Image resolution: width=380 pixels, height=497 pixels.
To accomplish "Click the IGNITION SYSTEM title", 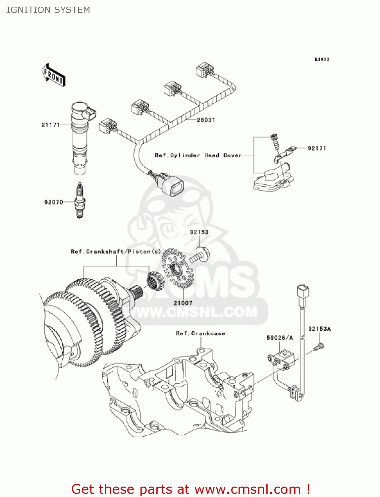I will click(48, 10).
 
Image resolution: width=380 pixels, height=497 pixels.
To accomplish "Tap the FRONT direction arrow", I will click(53, 75).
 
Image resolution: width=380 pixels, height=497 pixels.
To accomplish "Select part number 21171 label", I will click(51, 125).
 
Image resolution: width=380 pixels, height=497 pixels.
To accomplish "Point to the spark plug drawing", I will click(79, 200).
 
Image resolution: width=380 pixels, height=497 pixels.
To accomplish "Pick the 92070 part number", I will click(54, 202).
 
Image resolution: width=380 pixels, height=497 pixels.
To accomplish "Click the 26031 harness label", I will click(206, 120).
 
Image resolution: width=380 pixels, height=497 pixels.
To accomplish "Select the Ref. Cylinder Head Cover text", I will click(198, 155).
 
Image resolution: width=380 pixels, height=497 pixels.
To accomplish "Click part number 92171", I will click(317, 148).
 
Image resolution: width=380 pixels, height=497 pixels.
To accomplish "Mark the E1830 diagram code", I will click(322, 59).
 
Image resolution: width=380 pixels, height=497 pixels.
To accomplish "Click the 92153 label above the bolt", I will click(199, 232).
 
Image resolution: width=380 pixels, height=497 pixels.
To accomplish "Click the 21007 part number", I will click(183, 303).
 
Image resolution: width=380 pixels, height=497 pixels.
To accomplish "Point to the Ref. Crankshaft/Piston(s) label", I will click(116, 251).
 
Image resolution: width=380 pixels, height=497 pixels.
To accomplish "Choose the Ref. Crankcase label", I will click(200, 333).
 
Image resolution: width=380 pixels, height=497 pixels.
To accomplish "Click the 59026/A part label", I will click(280, 338).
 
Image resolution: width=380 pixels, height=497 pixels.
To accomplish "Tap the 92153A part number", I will click(319, 329).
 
